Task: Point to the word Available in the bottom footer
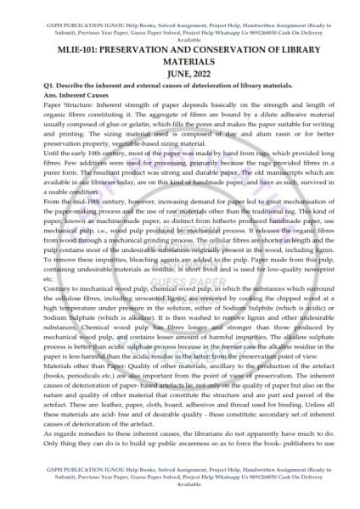point(179,502)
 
